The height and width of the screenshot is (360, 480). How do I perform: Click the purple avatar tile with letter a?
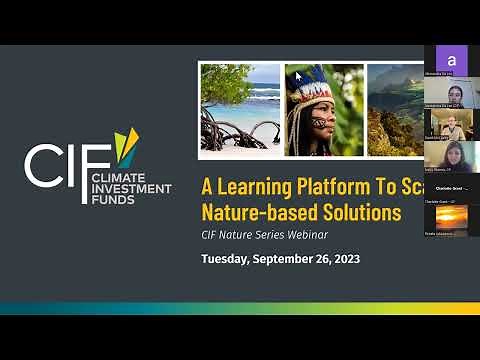[x=451, y=59]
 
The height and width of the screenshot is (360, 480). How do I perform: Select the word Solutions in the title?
[x=355, y=212]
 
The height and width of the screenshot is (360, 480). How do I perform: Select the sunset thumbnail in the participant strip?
[x=451, y=215]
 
